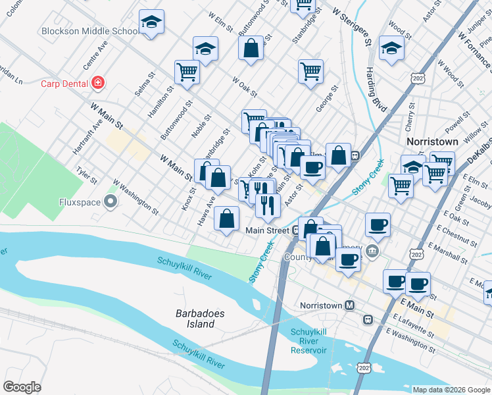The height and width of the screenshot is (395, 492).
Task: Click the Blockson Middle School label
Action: (88, 30)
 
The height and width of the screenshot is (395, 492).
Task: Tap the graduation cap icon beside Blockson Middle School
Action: (152, 23)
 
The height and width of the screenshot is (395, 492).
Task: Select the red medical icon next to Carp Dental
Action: (98, 82)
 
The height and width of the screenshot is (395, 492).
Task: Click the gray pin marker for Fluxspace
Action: (111, 202)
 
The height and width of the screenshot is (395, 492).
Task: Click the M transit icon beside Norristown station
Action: (350, 306)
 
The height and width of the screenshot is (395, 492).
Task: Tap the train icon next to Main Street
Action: (297, 230)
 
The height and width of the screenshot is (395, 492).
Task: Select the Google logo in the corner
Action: (22, 387)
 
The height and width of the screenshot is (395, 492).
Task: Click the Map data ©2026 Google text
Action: (451, 390)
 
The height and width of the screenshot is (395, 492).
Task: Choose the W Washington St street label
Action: (135, 196)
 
